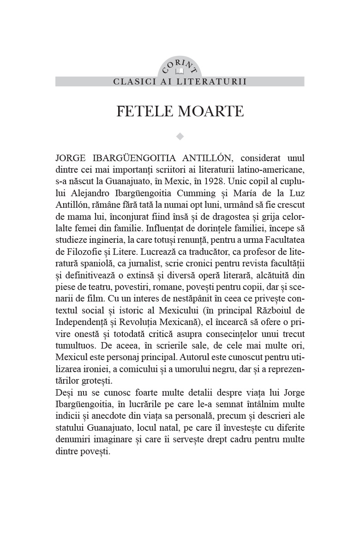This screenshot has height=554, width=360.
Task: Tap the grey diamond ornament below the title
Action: click(x=180, y=136)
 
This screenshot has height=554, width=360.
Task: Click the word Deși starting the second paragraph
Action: click(x=64, y=392)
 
